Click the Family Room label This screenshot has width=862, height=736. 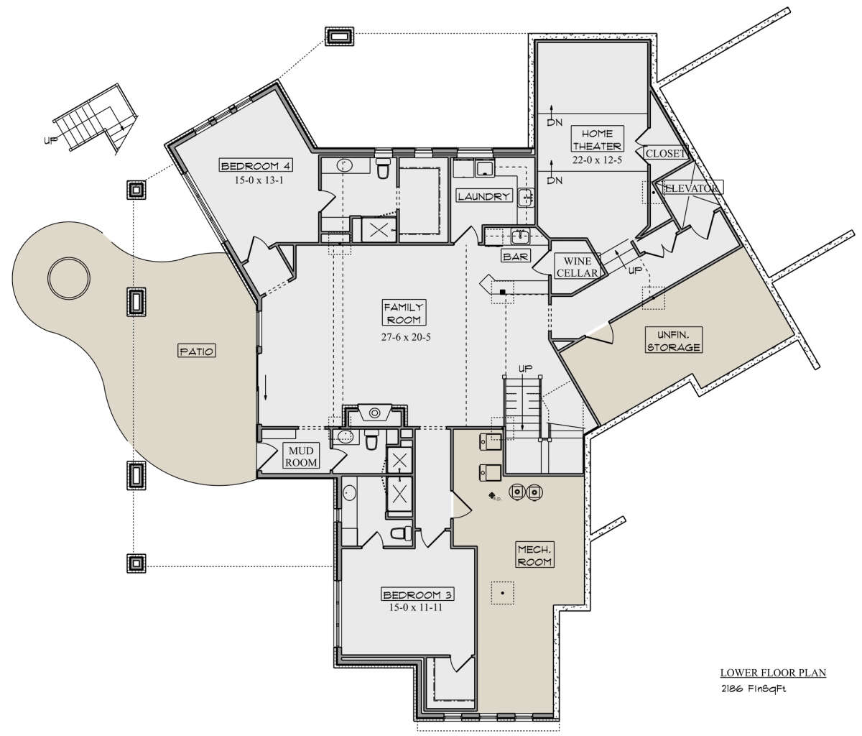pos(404,314)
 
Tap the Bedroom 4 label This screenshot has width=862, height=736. pos(256,165)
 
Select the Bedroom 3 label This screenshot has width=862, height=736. pos(417,595)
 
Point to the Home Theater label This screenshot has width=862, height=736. pos(597,139)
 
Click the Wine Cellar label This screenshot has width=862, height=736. pos(577,267)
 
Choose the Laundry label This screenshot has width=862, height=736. pos(483,196)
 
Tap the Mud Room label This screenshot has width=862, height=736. pos(301,456)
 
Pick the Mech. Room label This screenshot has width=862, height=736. pos(535,555)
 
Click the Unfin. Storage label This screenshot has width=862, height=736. pos(674,341)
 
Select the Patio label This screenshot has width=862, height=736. pos(197,351)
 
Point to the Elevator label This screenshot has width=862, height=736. pos(692,188)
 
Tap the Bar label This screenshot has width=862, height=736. pos(516,257)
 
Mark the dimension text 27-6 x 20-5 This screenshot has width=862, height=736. pos(406,337)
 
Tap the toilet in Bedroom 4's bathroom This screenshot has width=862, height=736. pos(383,167)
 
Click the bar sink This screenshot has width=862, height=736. pos(521,237)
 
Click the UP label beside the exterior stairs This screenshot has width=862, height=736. pos(51,141)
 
